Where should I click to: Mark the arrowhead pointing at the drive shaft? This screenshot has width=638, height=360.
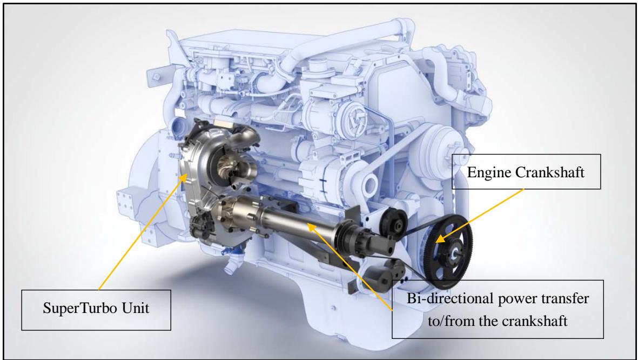point(311,226)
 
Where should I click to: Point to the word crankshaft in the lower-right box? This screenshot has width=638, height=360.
point(534,321)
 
